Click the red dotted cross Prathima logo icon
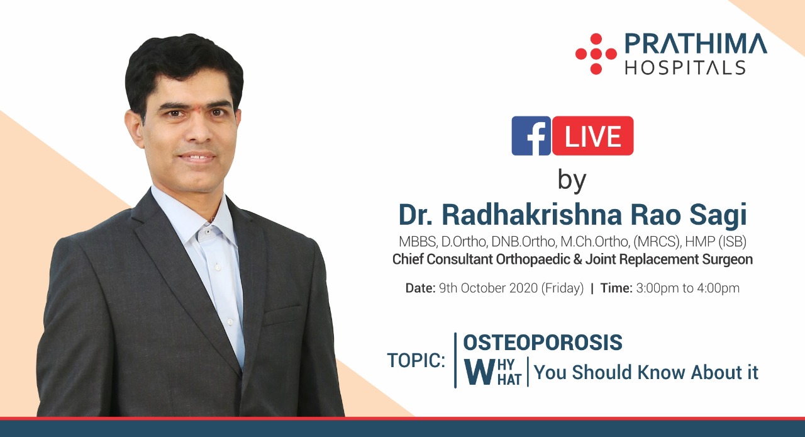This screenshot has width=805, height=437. point(596,54)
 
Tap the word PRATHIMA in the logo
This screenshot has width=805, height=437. point(696,44)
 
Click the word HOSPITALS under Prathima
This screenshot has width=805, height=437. point(686,67)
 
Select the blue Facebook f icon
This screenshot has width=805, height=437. point(531,136)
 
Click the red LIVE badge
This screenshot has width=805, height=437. point(593,136)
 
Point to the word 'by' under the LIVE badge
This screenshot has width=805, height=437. point(572,181)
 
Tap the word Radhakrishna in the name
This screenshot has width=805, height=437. point(532,215)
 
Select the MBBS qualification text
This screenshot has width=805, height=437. point(418,242)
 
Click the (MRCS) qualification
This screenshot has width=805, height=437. point(657,242)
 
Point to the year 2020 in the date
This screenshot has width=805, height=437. point(524,288)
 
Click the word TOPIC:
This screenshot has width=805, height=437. point(416,360)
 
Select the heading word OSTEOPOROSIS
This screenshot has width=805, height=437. point(543,343)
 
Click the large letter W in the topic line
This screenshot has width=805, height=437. point(480,372)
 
